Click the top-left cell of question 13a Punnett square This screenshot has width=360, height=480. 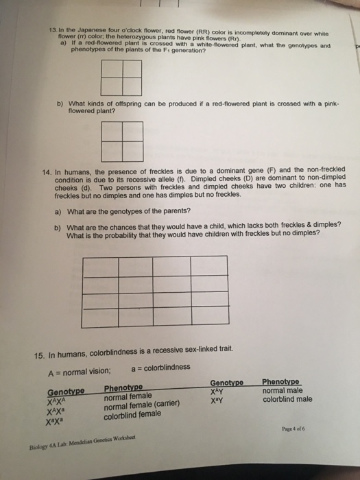point(110,69)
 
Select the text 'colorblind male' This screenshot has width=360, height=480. point(287,398)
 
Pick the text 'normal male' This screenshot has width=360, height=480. point(282,390)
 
